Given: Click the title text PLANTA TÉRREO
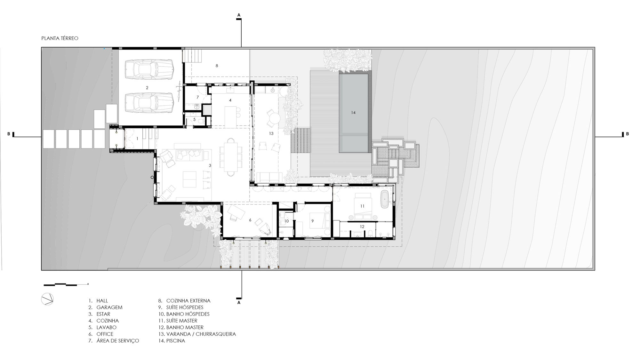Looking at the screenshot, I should click(60, 38).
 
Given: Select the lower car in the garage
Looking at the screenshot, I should click(149, 103).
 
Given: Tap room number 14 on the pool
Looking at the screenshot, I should click(353, 113).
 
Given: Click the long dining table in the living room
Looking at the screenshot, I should click(231, 157).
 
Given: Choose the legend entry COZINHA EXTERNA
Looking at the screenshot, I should click(188, 301).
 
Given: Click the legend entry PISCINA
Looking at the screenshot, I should click(175, 341).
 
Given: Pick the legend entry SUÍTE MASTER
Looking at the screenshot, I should click(181, 321).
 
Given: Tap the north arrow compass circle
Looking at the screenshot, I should click(47, 299).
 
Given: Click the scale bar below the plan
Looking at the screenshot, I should click(66, 284).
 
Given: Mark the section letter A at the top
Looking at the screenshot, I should click(239, 15).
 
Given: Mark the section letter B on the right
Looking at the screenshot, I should click(627, 134).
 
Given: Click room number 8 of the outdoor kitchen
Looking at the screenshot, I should click(217, 66).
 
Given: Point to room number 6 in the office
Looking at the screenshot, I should click(250, 220).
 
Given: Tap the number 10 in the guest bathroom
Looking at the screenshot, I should click(286, 221).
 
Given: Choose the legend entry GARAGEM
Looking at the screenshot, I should click(109, 308).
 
